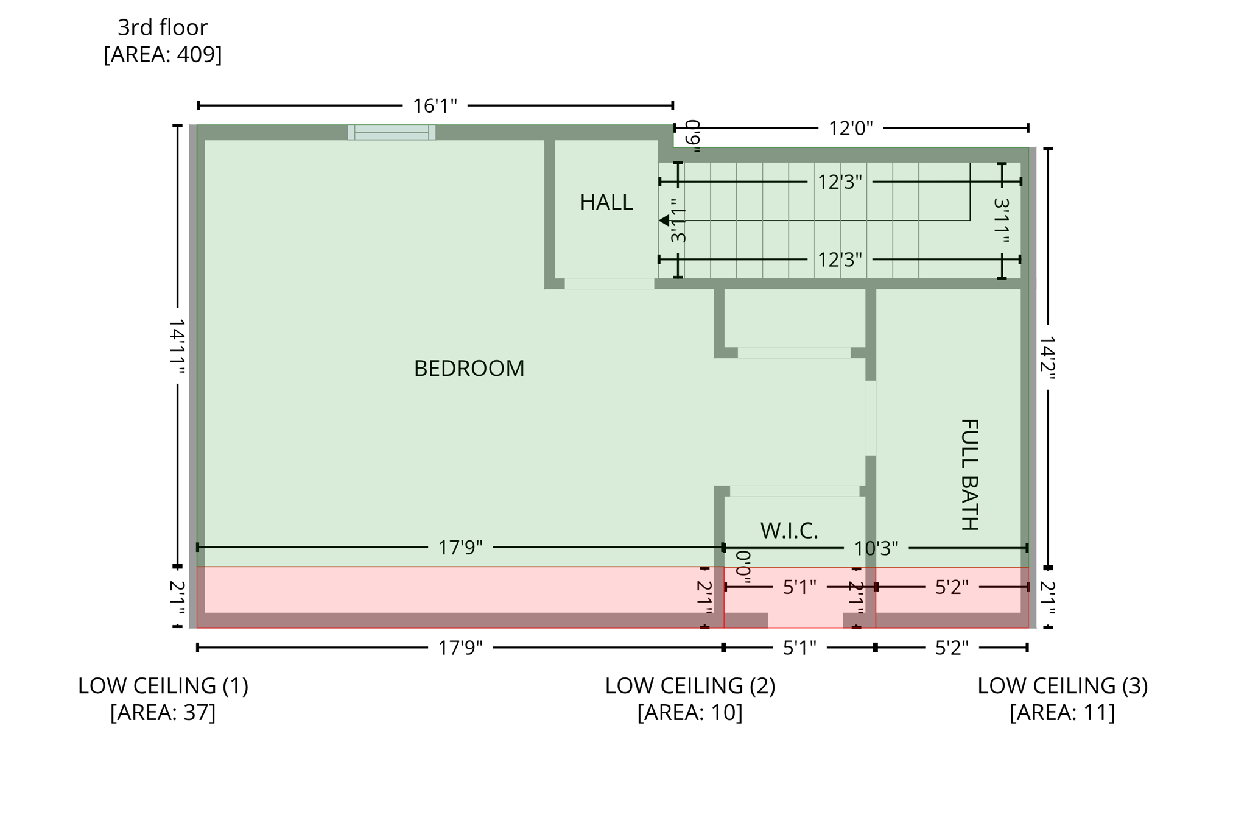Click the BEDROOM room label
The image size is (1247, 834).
coord(469,369)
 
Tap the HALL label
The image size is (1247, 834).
coord(606,202)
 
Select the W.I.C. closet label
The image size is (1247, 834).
coord(789,531)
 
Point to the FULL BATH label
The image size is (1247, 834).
coord(969,475)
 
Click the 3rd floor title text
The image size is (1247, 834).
coord(163,27)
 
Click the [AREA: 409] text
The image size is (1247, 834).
coord(163,54)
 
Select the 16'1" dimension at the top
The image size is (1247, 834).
coord(435,106)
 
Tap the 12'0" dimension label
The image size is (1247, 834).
coord(850,129)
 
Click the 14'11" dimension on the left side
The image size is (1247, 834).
coord(177,346)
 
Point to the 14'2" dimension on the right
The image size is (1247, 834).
coord(1047,358)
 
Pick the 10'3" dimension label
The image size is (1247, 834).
coord(876,548)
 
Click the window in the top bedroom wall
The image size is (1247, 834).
coord(392,132)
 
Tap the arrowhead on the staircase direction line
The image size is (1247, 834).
coord(664,221)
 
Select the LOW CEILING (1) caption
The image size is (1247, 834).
coord(163,686)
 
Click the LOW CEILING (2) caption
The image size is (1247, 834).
coord(690,686)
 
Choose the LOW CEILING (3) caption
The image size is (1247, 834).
coord(1063,686)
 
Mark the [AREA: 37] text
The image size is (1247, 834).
coord(163,712)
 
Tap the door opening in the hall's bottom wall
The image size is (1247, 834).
coord(609,284)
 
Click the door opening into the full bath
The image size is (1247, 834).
coord(871,418)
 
